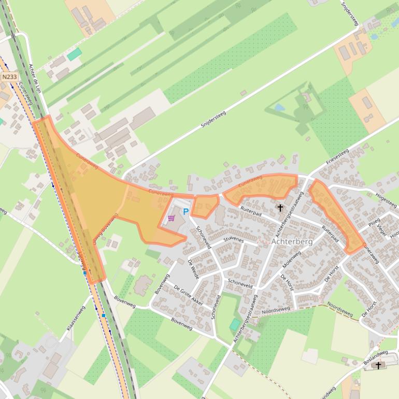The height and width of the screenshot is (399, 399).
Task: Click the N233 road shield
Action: (9, 77)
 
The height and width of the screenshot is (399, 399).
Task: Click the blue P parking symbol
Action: (186, 211)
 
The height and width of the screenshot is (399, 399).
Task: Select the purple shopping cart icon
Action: (171, 218)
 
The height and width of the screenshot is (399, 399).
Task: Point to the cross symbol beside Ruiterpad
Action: (280, 208)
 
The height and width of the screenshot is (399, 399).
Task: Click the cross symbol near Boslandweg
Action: (378, 365)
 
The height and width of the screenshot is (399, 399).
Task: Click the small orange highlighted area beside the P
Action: (204, 206)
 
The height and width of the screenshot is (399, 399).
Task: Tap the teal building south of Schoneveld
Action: (235, 325)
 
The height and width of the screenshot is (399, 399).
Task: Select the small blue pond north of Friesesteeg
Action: (280, 108)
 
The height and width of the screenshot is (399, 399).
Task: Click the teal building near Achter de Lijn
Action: (75, 54)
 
